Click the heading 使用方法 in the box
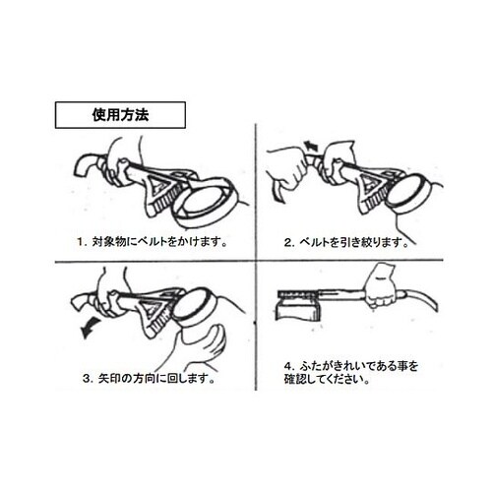[120, 115]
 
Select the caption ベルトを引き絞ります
[352, 242]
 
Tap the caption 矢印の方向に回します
[155, 379]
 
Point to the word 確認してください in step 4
[327, 380]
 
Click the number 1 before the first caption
[81, 242]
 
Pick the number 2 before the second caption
[287, 242]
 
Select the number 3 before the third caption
[87, 379]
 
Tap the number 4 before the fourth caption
[287, 366]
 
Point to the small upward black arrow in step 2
[310, 146]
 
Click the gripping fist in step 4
[381, 287]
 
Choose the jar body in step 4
[296, 312]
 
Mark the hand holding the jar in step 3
[199, 347]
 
